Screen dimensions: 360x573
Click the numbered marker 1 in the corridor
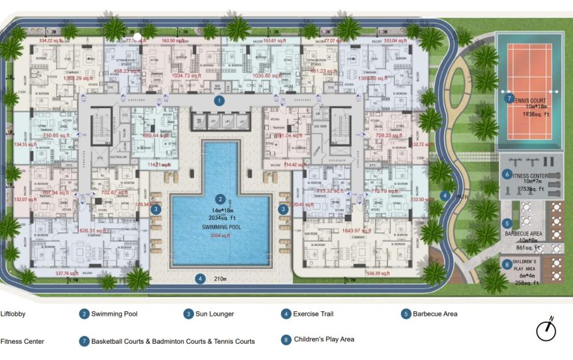click(x=219, y=100)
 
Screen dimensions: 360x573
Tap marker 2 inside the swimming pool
click(x=220, y=199)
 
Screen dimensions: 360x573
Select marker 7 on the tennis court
click(x=510, y=98)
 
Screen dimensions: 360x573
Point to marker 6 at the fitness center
click(x=507, y=174)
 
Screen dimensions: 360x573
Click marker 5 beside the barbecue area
click(x=507, y=223)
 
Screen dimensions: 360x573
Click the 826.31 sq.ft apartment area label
click(x=92, y=230)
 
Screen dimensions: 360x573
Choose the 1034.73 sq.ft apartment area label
click(x=169, y=76)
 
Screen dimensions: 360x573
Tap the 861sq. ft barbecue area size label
click(x=529, y=248)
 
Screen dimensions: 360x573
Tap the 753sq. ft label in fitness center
click(x=533, y=189)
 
